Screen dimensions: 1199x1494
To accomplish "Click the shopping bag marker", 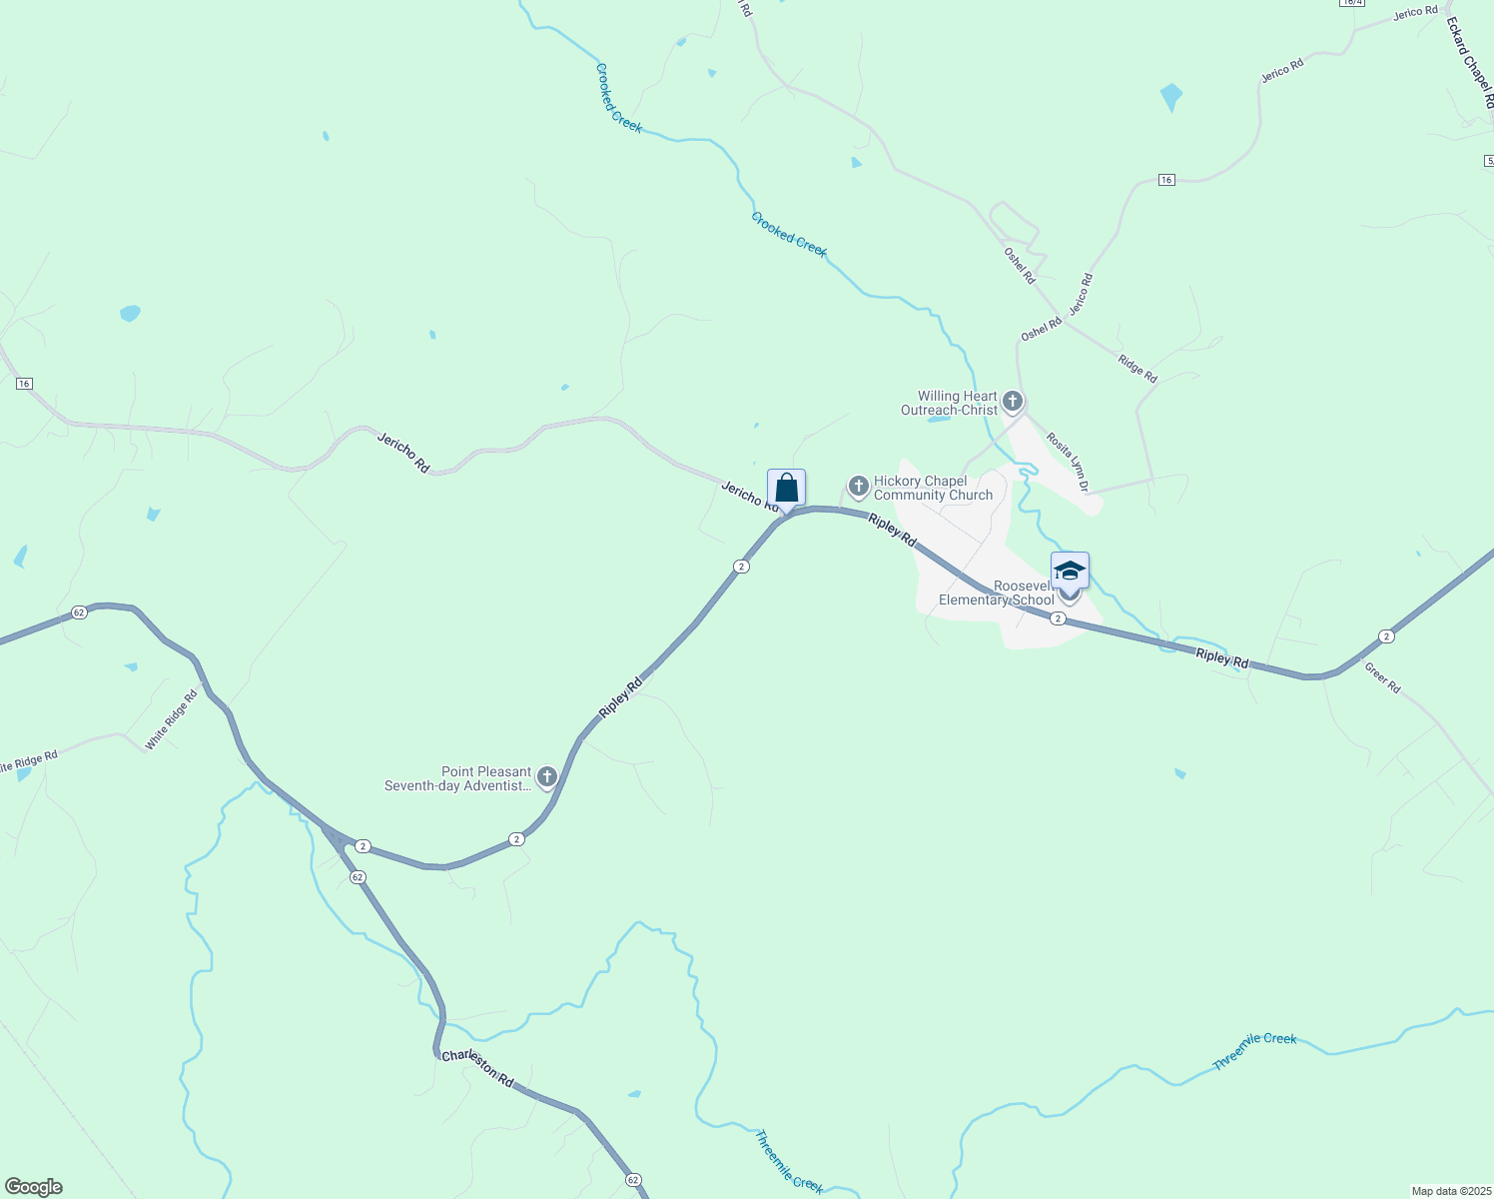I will [x=786, y=489].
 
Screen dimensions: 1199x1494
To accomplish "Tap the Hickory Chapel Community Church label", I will [x=933, y=488].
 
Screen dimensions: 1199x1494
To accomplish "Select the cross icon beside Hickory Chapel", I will [x=858, y=486].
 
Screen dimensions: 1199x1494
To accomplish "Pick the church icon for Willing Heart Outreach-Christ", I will [x=1013, y=402].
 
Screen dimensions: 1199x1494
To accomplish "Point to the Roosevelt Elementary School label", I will [x=996, y=594].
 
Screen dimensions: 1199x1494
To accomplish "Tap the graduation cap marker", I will [x=1070, y=571].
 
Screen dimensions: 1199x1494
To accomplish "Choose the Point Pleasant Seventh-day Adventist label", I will [x=457, y=778].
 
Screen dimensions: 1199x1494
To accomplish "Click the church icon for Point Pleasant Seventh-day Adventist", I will [x=546, y=776].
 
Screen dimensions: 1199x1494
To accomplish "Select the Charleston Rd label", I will [x=477, y=1068].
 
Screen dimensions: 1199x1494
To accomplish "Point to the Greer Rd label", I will [x=1382, y=679].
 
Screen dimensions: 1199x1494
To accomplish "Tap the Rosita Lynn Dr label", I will [x=1067, y=462].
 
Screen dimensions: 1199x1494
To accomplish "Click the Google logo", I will [x=33, y=1187].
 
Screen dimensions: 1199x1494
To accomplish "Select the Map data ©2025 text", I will [x=1449, y=1191].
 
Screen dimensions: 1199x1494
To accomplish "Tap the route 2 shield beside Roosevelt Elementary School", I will [x=1058, y=618].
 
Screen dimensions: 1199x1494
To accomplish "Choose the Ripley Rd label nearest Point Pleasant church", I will [x=620, y=697].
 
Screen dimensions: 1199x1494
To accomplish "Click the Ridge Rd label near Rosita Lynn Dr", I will [x=1137, y=369].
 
